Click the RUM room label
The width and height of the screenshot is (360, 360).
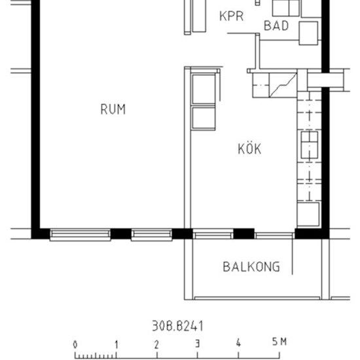pyautogui.click(x=113, y=109)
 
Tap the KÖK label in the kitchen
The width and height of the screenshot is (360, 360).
pyautogui.click(x=249, y=149)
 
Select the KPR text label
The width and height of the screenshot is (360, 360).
pyautogui.click(x=231, y=16)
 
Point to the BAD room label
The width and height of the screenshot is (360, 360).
pyautogui.click(x=276, y=26)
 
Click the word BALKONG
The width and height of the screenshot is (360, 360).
pyautogui.click(x=251, y=266)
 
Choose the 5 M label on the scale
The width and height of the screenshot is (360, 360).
pyautogui.click(x=279, y=342)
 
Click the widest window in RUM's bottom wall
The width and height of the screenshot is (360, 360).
pyautogui.click(x=81, y=234)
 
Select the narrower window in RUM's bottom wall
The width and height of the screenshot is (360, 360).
pyautogui.click(x=151, y=234)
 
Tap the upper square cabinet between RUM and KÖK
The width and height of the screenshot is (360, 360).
pyautogui.click(x=203, y=90)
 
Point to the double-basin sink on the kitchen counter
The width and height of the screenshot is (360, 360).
pyautogui.click(x=308, y=147)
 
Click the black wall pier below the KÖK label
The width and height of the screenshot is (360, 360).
pyautogui.click(x=243, y=234)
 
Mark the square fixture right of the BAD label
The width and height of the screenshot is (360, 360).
pyautogui.click(x=308, y=31)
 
